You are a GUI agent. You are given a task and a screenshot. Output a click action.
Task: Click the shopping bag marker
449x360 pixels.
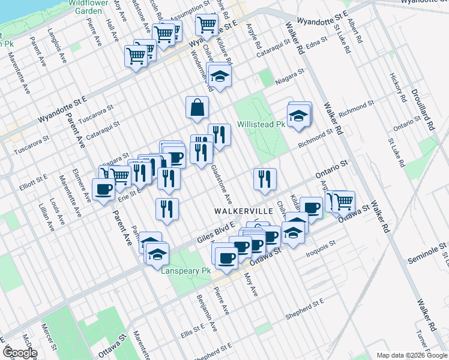coord(197,109)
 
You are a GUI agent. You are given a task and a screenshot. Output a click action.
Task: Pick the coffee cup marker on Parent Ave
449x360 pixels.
coord(104,190)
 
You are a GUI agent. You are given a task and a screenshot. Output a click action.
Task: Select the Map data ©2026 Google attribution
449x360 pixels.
coord(412,355)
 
